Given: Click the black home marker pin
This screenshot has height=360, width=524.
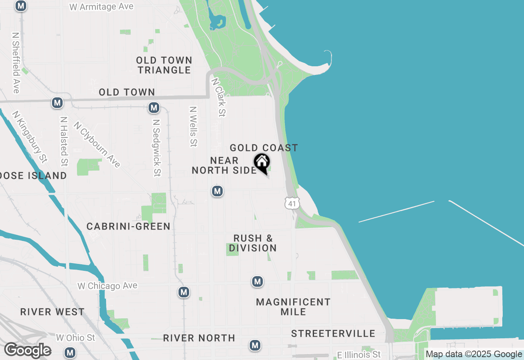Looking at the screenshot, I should click(262, 162).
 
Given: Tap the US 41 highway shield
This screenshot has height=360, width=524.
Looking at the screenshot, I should click(292, 203).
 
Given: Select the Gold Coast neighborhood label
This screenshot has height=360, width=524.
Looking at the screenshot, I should click(264, 148).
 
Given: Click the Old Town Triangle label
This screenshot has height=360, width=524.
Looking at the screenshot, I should click(164, 65).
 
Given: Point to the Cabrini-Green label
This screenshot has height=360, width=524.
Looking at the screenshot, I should click(129, 226).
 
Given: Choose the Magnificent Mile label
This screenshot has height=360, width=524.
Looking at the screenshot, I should click(293, 307).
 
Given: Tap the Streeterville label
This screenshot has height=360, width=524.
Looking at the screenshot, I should click(333, 333).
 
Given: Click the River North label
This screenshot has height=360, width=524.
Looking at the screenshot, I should click(199, 338).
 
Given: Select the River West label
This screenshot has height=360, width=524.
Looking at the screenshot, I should click(52, 312).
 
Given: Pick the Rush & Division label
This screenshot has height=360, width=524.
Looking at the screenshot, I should click(253, 243).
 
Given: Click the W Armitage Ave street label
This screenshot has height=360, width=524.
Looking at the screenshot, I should click(102, 7).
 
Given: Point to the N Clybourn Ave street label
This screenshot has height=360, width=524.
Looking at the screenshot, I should click(97, 144).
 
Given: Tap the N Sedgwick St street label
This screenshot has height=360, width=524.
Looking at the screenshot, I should click(156, 148).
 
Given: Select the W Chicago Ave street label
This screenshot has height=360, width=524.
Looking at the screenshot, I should click(107, 286).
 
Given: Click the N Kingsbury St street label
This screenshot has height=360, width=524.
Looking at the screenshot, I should click(29, 136).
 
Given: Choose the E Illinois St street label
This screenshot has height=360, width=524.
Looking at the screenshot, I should click(359, 354).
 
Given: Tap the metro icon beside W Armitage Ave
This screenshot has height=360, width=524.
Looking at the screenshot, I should click(21, 6).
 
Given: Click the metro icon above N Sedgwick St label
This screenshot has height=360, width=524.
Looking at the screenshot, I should click(154, 108).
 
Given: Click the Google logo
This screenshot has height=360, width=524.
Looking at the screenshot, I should click(27, 351).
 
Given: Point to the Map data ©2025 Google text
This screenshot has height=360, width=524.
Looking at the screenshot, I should click(474, 354).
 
